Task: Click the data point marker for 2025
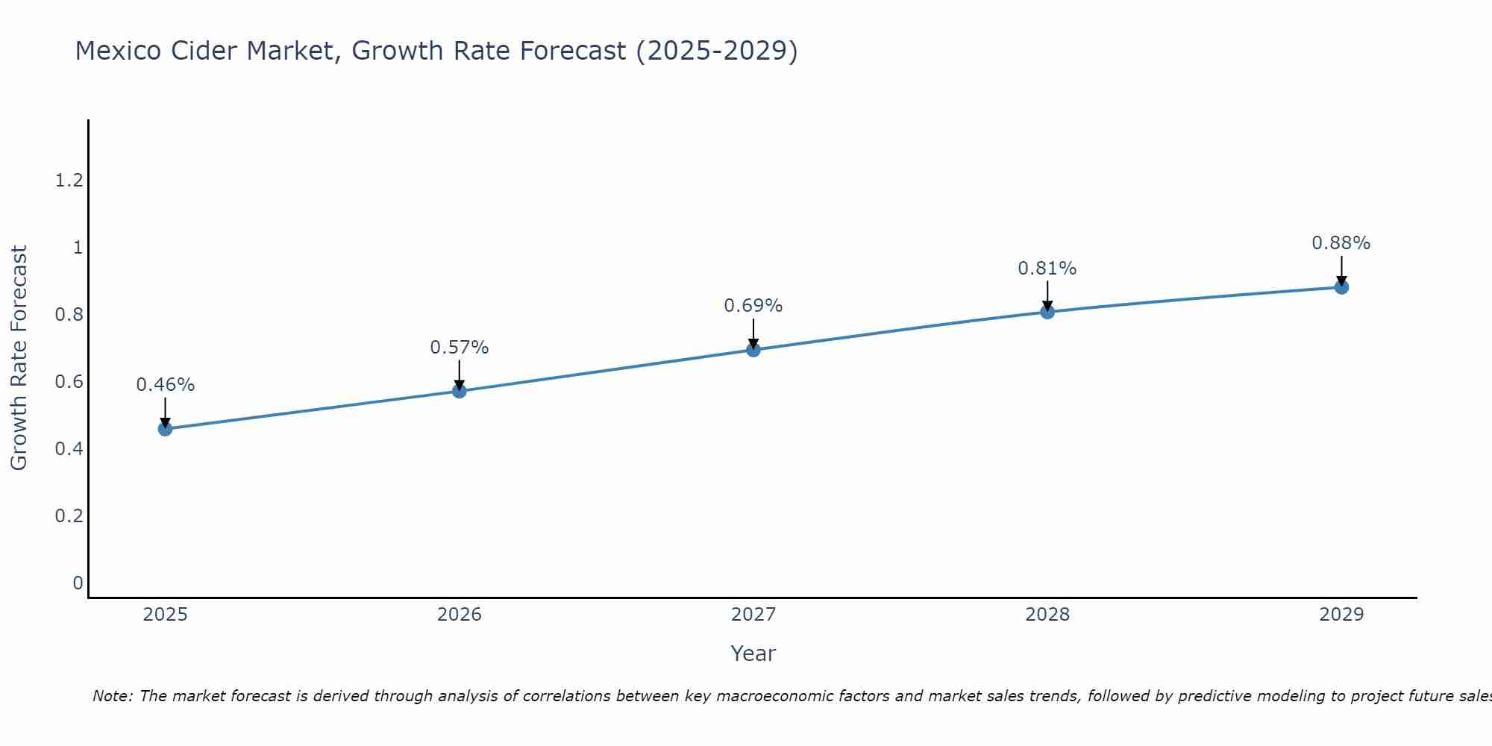click(166, 428)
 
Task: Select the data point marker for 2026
click(460, 391)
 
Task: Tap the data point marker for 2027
click(753, 350)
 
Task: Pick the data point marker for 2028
click(1047, 312)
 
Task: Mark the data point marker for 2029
click(1341, 287)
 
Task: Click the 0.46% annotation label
click(166, 385)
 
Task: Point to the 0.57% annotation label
click(460, 348)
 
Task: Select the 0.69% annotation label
click(753, 306)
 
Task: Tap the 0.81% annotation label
click(1047, 269)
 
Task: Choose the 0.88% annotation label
click(1341, 243)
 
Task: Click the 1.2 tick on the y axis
click(69, 180)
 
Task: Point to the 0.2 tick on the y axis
click(69, 515)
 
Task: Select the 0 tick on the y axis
click(78, 583)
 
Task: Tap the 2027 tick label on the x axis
click(753, 615)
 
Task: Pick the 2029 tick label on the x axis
click(1341, 615)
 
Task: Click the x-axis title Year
click(753, 653)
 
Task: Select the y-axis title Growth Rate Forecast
click(19, 358)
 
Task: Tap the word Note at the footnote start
click(112, 696)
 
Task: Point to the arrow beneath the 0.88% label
click(1341, 270)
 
